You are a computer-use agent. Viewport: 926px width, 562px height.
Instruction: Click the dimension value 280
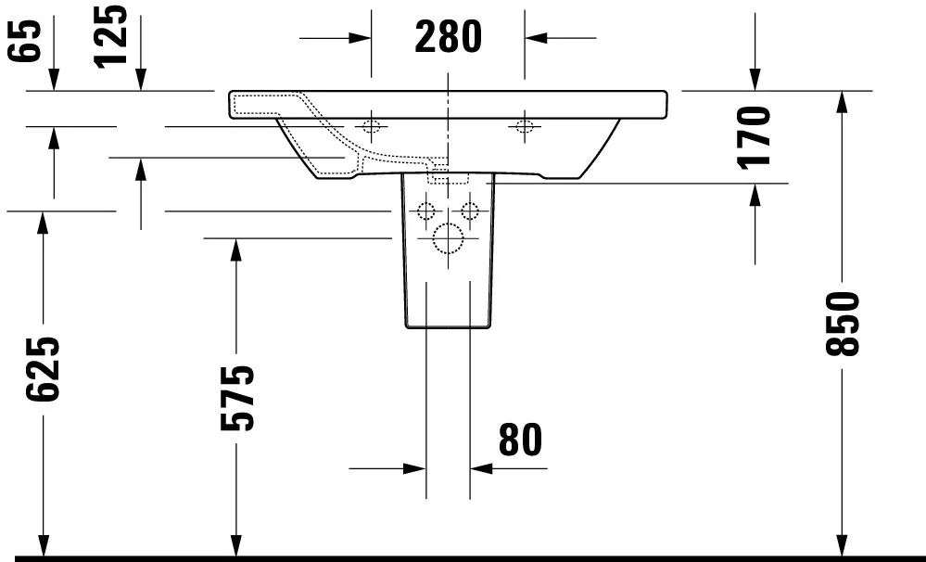click(x=448, y=37)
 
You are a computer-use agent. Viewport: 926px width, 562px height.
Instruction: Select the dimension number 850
click(x=843, y=323)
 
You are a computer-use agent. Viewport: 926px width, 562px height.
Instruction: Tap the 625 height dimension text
click(x=43, y=369)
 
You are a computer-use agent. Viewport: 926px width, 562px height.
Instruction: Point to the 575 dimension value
click(x=237, y=398)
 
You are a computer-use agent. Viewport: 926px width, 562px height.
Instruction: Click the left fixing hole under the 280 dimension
click(x=372, y=125)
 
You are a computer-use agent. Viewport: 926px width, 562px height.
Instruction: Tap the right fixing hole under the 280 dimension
click(x=525, y=125)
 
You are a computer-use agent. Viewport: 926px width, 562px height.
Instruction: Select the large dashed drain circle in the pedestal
click(x=448, y=240)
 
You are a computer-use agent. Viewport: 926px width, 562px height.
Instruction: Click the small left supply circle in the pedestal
click(x=426, y=210)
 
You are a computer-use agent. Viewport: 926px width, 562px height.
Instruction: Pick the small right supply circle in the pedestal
click(x=469, y=210)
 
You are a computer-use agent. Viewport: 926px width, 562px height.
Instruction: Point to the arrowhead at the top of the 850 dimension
click(x=842, y=100)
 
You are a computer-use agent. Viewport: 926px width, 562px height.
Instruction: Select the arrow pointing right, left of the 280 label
click(x=361, y=38)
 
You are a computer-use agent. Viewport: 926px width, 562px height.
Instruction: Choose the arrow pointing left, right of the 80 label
click(x=482, y=468)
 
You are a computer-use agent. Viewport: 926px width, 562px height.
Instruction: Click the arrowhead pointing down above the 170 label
click(x=755, y=82)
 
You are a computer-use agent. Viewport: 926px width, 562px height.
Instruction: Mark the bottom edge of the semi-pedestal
click(x=448, y=327)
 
